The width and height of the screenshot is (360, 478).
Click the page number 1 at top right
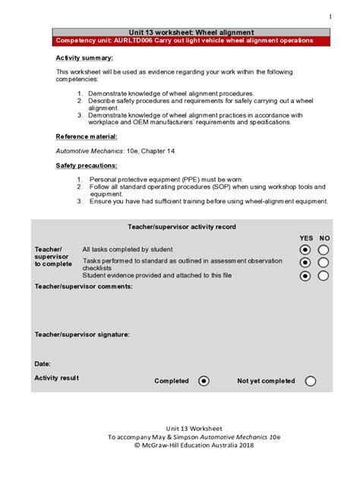330,17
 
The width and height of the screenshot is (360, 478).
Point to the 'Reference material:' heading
87,137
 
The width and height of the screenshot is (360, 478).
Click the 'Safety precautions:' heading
87,165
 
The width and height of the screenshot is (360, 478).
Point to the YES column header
305,238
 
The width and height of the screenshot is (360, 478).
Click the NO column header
324,238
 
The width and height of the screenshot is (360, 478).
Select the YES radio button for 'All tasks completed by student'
305,250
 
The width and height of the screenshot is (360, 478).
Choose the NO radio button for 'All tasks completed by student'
324,250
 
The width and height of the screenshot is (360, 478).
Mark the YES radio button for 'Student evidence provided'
305,276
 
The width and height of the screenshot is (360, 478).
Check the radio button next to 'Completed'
204,381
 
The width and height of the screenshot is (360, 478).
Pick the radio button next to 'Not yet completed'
310,381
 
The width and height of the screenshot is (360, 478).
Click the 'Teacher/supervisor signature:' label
82,334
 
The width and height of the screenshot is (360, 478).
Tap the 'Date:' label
43,363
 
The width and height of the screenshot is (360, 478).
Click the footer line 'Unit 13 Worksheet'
180,429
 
